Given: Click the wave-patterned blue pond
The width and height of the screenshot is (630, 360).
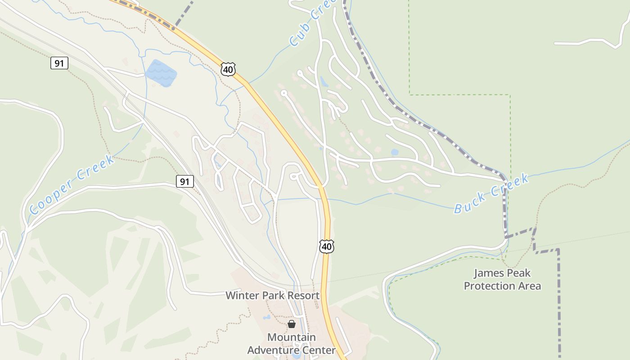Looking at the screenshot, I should (161, 73).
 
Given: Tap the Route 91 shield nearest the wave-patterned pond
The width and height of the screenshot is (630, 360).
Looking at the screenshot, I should (59, 63).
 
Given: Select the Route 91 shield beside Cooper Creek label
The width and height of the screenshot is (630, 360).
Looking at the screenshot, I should (184, 181).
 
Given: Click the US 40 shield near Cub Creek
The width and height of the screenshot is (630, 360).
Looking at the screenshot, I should (228, 69).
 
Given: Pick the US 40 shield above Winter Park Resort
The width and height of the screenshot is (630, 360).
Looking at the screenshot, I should (327, 246).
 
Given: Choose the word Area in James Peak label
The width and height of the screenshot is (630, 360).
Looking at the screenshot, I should (530, 286).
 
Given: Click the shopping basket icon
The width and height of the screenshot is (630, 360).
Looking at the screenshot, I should (292, 324).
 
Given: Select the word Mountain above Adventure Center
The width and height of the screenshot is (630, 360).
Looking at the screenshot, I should (292, 337).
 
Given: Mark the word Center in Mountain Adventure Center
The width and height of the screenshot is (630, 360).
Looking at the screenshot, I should (320, 350).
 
